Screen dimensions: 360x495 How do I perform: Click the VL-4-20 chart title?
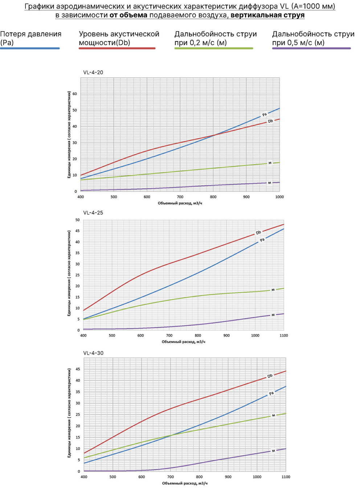93,73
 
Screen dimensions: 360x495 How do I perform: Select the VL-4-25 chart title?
93,213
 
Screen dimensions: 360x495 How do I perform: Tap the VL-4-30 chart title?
93,353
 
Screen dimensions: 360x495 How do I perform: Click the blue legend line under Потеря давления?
30,48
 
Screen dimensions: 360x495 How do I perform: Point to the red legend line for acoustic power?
117,48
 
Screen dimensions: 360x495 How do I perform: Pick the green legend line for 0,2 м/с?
214,48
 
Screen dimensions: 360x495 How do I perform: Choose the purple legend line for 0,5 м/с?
311,48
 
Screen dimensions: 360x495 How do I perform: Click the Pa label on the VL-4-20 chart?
265,115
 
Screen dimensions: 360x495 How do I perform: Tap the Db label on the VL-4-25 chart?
258,232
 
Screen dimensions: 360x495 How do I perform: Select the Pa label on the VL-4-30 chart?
271,393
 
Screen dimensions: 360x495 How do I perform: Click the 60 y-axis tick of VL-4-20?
75,94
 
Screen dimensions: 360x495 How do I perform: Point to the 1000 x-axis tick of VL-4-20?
279,197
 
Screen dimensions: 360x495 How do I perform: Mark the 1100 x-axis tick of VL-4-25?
284,335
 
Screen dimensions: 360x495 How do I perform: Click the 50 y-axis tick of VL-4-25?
77,220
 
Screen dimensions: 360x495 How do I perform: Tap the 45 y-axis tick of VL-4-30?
78,369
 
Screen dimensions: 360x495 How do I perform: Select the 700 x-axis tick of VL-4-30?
171,477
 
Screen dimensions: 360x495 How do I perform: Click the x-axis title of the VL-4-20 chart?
180,203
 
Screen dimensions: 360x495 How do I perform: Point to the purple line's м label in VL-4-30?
273,451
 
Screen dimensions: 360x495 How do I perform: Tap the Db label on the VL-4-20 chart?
270,121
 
